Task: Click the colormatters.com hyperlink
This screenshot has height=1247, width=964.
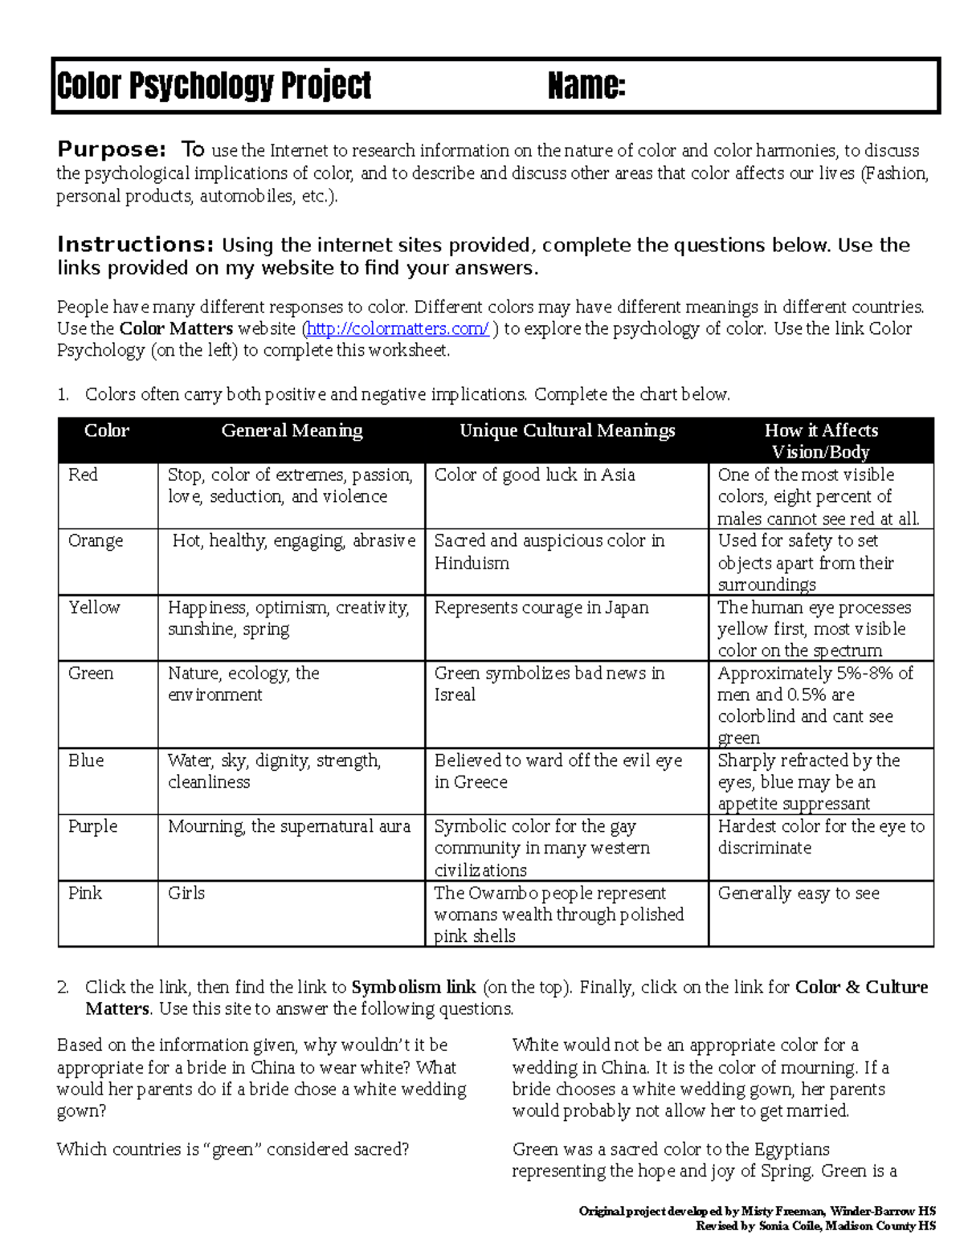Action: [x=398, y=328]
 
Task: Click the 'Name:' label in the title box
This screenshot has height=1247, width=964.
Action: [x=586, y=86]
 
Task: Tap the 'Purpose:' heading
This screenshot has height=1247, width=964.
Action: [x=112, y=149]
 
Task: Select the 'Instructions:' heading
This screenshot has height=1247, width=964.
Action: [x=135, y=244]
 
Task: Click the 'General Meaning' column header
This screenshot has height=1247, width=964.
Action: [x=292, y=430]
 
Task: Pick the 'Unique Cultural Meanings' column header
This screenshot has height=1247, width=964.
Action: [x=566, y=430]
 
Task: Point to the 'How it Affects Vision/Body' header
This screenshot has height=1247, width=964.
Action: [x=820, y=441]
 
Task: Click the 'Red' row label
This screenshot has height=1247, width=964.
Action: [x=83, y=475]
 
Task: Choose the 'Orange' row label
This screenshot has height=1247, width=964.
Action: [x=96, y=540]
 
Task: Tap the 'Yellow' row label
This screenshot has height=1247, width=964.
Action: [x=94, y=607]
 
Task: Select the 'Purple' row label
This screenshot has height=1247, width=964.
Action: [x=92, y=826]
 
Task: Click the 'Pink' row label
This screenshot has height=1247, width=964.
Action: [x=85, y=893]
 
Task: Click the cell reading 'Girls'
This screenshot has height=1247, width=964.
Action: [x=186, y=893]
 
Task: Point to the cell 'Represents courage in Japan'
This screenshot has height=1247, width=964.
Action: [x=541, y=607]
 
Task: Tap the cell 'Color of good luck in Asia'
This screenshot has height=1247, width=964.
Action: [x=534, y=475]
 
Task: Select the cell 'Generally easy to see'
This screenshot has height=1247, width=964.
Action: [x=799, y=893]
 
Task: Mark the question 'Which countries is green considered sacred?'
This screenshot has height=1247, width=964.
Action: [x=233, y=1149]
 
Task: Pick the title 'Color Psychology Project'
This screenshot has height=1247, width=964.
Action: [x=214, y=86]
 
